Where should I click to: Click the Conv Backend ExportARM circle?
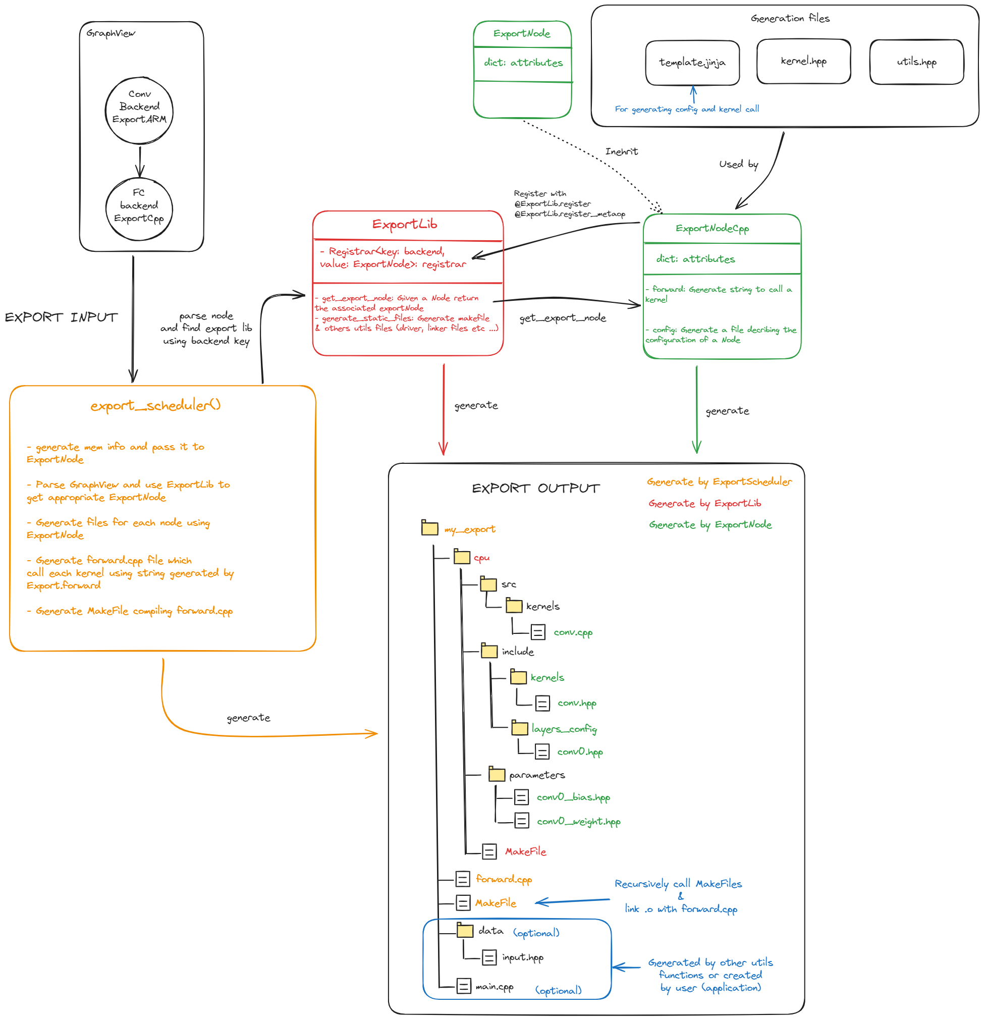tap(139, 111)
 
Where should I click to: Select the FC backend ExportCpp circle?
tap(139, 209)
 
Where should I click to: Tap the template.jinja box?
tap(692, 63)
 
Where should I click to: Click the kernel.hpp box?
tap(804, 62)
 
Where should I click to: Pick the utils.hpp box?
tap(916, 62)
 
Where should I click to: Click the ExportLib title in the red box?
tap(404, 225)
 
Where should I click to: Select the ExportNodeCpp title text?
tap(712, 229)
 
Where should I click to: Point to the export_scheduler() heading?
tap(155, 405)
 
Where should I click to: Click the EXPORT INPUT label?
tap(61, 317)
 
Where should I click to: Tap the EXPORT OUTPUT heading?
tap(535, 488)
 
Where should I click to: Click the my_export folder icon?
tap(429, 528)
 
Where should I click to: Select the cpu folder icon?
tap(462, 557)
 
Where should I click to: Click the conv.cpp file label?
tap(573, 633)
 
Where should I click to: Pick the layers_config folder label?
tap(564, 729)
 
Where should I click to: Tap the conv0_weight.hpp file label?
tap(579, 822)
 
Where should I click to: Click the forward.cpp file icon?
tap(463, 879)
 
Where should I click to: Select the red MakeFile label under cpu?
tap(525, 851)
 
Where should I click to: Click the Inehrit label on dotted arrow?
tap(621, 152)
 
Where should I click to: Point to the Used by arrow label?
tap(739, 165)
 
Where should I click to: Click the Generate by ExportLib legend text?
tap(704, 503)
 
